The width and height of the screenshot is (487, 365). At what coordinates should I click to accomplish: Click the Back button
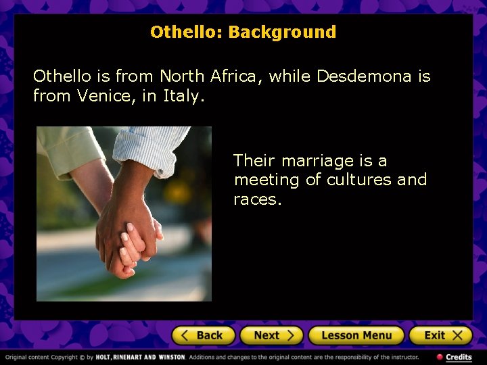pyautogui.click(x=203, y=335)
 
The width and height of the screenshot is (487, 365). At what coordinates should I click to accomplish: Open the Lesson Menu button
pyautogui.click(x=356, y=335)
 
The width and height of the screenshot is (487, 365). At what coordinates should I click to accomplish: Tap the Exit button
pyautogui.click(x=439, y=335)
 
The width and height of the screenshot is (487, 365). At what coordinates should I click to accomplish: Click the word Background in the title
pyautogui.click(x=282, y=32)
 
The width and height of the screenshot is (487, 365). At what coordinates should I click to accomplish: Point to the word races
pyautogui.click(x=257, y=199)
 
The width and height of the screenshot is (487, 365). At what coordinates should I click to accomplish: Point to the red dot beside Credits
pyautogui.click(x=440, y=357)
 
